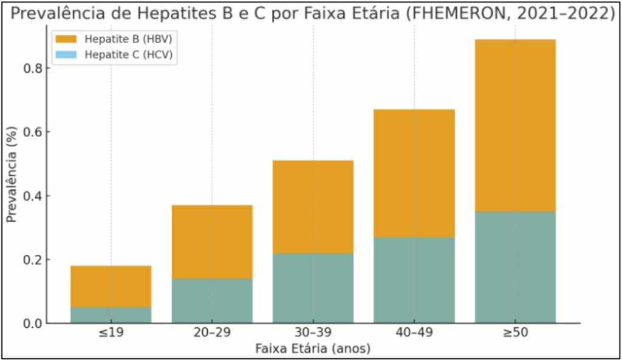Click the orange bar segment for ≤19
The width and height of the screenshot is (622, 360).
(x=111, y=286)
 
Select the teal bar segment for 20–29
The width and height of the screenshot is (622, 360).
(x=212, y=301)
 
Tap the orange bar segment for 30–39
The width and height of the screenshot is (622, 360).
(x=313, y=206)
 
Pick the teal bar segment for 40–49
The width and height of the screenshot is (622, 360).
(x=414, y=280)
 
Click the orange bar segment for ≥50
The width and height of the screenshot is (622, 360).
(x=515, y=125)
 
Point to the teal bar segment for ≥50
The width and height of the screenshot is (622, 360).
(x=515, y=267)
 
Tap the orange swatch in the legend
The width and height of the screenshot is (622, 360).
(x=66, y=39)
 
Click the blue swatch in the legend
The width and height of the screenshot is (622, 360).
(x=66, y=55)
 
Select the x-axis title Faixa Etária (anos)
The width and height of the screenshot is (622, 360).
(x=313, y=349)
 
